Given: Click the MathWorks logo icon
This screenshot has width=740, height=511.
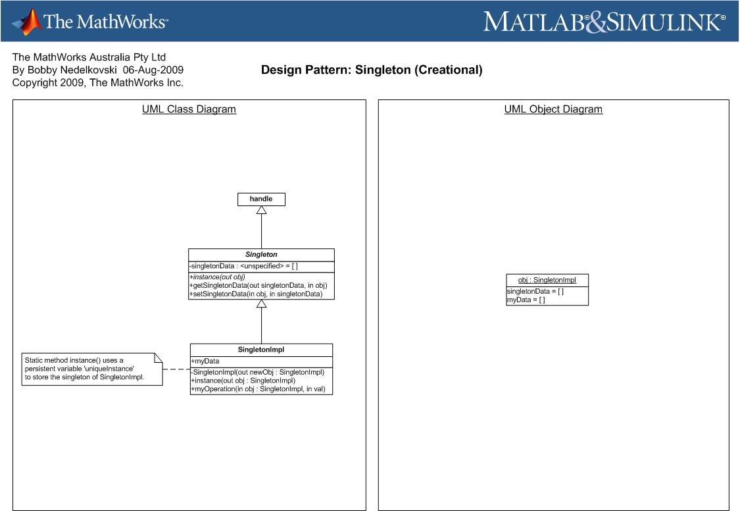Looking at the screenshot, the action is (x=27, y=22).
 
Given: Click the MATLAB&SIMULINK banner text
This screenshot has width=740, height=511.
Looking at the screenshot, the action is (x=604, y=22).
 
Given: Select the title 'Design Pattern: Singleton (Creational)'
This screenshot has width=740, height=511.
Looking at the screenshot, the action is (x=372, y=70).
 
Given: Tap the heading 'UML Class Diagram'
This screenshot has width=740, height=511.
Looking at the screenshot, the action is (x=189, y=109).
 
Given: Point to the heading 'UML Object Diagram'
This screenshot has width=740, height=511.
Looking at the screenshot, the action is (x=553, y=109).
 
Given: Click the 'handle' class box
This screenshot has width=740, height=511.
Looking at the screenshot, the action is (x=261, y=200).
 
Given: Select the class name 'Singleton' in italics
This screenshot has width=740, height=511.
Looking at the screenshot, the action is (x=261, y=255).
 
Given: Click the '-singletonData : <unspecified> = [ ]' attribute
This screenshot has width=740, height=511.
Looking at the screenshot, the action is (x=243, y=266).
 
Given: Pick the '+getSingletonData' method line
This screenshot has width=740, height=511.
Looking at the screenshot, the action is (x=258, y=285).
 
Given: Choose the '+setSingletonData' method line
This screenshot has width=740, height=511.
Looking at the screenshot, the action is (x=256, y=294).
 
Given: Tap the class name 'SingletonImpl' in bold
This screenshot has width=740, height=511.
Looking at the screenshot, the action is (x=261, y=350).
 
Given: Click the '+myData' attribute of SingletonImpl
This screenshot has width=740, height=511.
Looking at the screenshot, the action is (x=205, y=362).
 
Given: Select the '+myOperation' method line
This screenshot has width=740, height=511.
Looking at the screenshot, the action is (x=258, y=389).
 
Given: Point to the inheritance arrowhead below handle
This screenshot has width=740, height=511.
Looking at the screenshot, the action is (x=261, y=210).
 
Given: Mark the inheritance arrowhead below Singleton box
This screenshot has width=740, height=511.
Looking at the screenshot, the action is (x=261, y=304).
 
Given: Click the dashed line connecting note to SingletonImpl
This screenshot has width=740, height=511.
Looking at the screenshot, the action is (x=176, y=369).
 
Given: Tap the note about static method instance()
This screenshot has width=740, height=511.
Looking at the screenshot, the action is (x=92, y=369).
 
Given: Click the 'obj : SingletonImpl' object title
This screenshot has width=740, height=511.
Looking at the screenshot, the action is (x=547, y=280).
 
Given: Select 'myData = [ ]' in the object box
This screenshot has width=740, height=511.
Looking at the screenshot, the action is (x=526, y=300).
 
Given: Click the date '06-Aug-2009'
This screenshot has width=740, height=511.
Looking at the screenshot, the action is (x=153, y=70).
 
